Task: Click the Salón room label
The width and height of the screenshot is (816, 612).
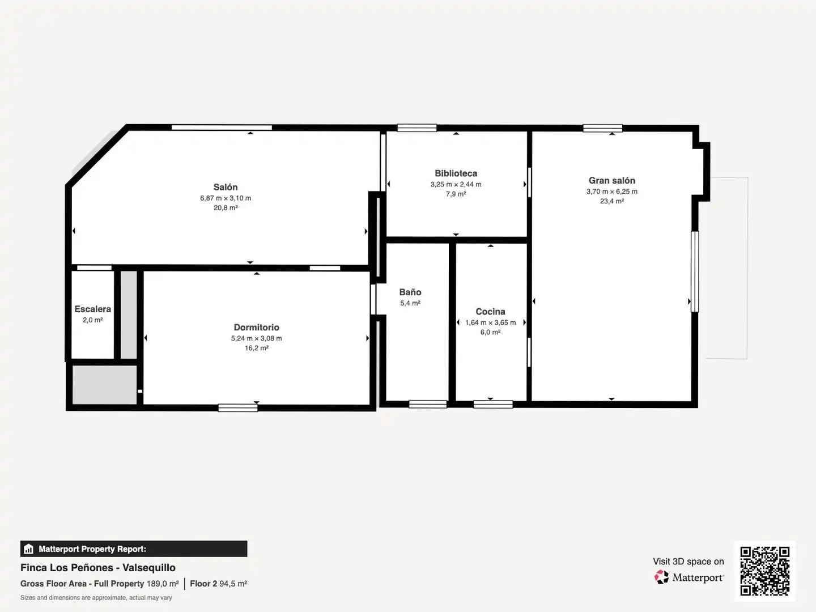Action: pyautogui.click(x=226, y=187)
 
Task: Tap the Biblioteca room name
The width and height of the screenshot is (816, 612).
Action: pyautogui.click(x=456, y=173)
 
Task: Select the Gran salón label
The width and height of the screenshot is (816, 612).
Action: pyautogui.click(x=611, y=180)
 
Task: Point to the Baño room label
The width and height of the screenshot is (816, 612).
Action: pyautogui.click(x=410, y=292)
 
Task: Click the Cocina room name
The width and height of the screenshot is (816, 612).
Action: pyautogui.click(x=490, y=312)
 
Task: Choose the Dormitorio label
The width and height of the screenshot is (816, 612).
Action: pyautogui.click(x=256, y=327)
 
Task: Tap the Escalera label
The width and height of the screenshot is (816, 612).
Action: pyautogui.click(x=92, y=309)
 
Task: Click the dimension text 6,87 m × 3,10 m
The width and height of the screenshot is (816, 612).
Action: pyautogui.click(x=226, y=198)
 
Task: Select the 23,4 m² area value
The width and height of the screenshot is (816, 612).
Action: pyautogui.click(x=611, y=201)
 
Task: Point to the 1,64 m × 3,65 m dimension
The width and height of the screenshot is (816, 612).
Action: pyautogui.click(x=490, y=322)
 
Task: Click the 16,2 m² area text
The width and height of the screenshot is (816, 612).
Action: pyautogui.click(x=256, y=348)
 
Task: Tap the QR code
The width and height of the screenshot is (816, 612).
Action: pyautogui.click(x=764, y=571)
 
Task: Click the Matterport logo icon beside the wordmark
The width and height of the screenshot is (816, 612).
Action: pyautogui.click(x=661, y=577)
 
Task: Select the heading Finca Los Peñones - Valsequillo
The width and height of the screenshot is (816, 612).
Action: pyautogui.click(x=98, y=567)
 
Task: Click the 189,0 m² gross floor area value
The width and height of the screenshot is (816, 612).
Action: pyautogui.click(x=163, y=584)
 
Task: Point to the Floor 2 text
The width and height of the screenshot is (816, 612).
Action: pyautogui.click(x=203, y=584)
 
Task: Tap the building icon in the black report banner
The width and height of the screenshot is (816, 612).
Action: pyautogui.click(x=29, y=549)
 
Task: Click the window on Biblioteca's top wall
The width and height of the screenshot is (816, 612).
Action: pyautogui.click(x=416, y=128)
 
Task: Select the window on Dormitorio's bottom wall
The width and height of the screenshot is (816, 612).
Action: pyautogui.click(x=238, y=407)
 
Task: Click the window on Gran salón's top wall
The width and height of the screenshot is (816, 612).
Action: pyautogui.click(x=602, y=128)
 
